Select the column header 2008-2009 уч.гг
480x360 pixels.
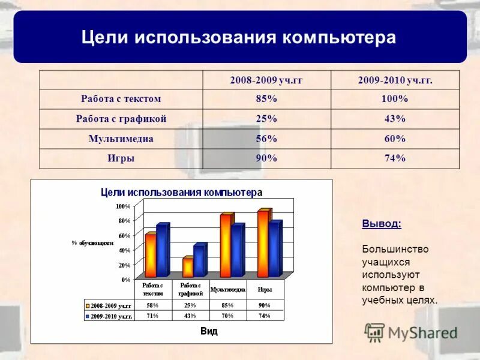(x=266, y=80)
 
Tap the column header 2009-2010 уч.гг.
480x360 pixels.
(x=395, y=80)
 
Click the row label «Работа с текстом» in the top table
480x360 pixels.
(x=121, y=99)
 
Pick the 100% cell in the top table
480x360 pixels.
(x=395, y=99)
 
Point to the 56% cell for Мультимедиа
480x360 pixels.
(x=266, y=139)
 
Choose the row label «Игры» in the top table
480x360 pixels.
(x=121, y=158)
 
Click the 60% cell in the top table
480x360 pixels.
(x=395, y=139)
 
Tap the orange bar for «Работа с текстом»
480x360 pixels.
(x=151, y=255)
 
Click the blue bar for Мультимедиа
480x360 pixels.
(x=237, y=250)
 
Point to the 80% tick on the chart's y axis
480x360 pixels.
(x=124, y=221)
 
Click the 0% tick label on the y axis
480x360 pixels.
(x=125, y=280)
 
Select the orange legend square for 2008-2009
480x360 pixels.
(x=88, y=305)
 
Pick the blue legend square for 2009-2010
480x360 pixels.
(x=88, y=316)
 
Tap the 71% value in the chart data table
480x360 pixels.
(x=152, y=316)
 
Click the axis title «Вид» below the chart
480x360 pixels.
(x=209, y=331)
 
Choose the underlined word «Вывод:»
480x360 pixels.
(x=382, y=224)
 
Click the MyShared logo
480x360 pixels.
(x=411, y=332)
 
